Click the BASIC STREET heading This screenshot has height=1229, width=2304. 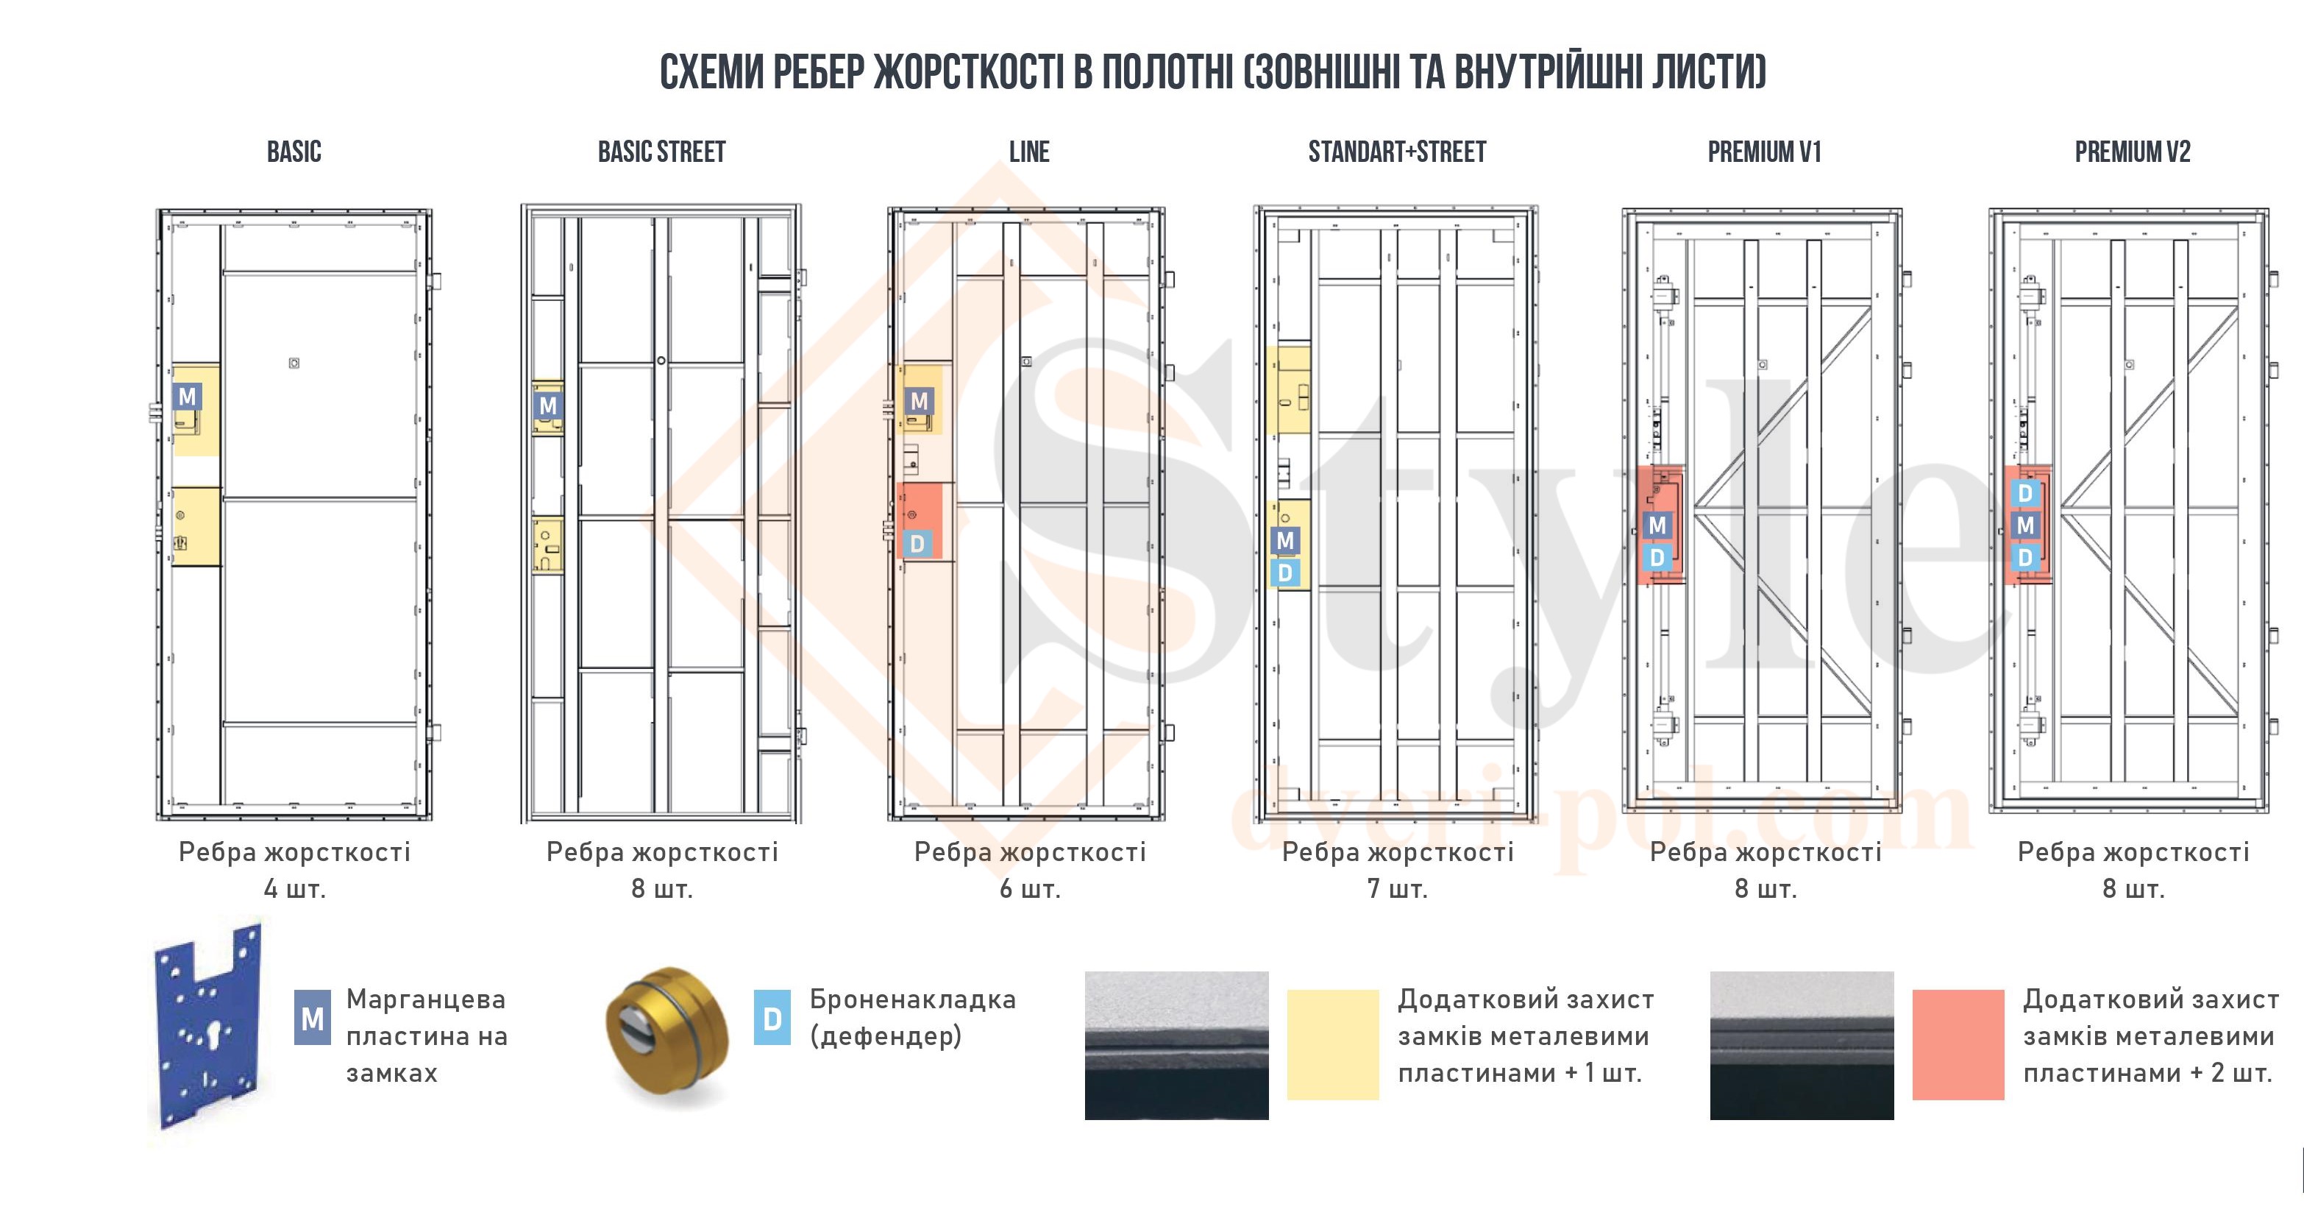(662, 152)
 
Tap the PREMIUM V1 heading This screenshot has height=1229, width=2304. (1765, 152)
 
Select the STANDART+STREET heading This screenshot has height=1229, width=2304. (1397, 152)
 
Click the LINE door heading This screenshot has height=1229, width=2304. (1029, 152)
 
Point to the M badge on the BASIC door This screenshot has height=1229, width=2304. (187, 396)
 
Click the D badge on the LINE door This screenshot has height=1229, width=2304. (917, 543)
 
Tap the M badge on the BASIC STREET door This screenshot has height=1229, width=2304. (547, 405)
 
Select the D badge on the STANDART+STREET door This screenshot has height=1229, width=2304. (1285, 573)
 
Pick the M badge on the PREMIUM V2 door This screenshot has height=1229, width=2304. (2026, 525)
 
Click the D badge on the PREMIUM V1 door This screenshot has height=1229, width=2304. (1657, 557)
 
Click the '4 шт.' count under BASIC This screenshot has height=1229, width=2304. (294, 889)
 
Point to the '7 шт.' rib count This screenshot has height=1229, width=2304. (1397, 889)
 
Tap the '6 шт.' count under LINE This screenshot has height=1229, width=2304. (1029, 889)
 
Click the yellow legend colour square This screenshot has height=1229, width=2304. (1333, 1044)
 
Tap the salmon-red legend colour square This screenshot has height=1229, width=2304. (1958, 1044)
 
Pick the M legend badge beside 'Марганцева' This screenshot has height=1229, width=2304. (312, 1018)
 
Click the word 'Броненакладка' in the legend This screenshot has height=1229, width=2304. (912, 999)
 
